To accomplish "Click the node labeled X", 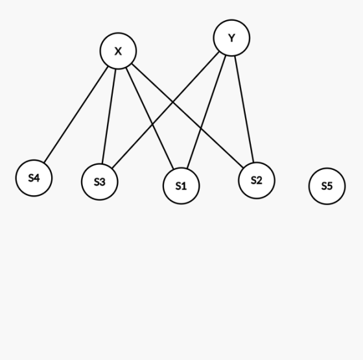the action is (118, 51).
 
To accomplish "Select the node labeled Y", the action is (231, 38).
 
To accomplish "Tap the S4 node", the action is (34, 178).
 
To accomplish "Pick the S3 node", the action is (100, 182).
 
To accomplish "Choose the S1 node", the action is (181, 186).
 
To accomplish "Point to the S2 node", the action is (257, 180).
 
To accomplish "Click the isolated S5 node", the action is (327, 186).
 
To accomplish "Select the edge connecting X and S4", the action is (76, 114).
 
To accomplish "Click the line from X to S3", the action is (109, 116).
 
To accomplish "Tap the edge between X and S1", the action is (150, 118).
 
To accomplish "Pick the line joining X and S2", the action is (187, 115).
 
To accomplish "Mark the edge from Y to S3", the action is (165, 110).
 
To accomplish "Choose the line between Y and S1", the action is (206, 112).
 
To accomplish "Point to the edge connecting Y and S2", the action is (244, 109).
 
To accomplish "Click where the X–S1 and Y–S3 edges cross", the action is (152, 125).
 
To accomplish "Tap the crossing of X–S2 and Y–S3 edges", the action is (172, 102).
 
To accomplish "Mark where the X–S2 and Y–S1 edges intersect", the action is (200, 128).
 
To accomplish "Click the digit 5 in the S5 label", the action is (330, 186).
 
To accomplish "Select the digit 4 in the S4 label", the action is (36, 178).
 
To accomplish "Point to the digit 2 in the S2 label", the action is (259, 180).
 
